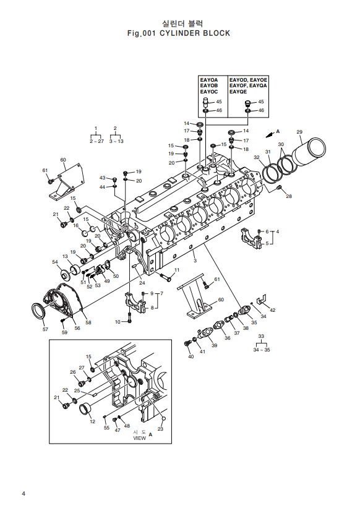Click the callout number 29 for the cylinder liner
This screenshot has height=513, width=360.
tap(299, 132)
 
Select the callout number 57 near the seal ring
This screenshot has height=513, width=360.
tap(45, 329)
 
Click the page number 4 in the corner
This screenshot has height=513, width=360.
tap(24, 493)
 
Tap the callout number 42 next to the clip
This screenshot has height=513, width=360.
tap(272, 310)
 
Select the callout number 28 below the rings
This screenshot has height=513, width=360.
tap(288, 196)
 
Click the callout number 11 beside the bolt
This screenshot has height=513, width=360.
tap(176, 270)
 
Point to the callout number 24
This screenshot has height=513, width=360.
tap(142, 283)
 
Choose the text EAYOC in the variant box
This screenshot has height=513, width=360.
tap(208, 92)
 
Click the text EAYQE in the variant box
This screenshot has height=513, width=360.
tap(239, 92)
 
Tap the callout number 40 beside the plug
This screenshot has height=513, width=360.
tap(191, 356)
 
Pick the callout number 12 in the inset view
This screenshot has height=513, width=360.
tap(92, 421)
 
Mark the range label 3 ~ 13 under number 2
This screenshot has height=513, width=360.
tap(116, 141)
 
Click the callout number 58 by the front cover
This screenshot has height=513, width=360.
tap(88, 322)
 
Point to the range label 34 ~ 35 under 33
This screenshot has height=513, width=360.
tap(262, 350)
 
